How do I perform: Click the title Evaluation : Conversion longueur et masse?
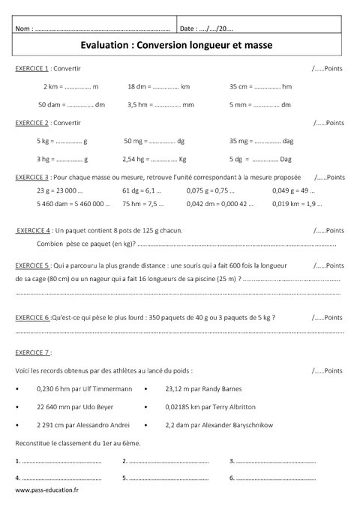[180, 45]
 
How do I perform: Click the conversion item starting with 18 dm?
[158, 87]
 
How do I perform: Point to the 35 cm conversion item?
[260, 87]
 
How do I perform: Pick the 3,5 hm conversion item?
[160, 105]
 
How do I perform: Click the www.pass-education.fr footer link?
[46, 490]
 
